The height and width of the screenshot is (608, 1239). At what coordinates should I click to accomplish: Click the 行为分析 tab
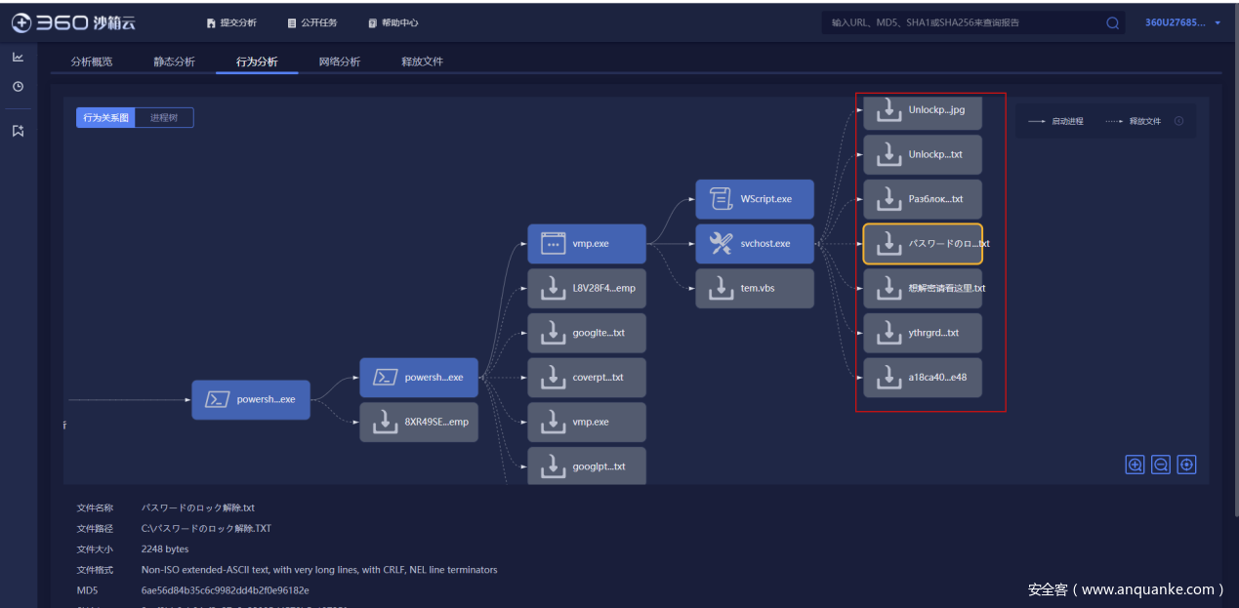tap(257, 61)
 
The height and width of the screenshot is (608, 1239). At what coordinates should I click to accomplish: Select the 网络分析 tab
tap(339, 61)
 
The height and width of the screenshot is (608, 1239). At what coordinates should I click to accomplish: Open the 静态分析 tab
tap(174, 61)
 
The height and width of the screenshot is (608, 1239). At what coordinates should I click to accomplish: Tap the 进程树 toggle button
tap(164, 118)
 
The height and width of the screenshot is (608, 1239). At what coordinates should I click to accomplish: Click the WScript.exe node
tap(754, 199)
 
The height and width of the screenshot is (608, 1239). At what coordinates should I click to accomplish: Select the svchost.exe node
tap(754, 244)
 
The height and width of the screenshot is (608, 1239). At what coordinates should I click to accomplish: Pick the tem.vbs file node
tap(754, 289)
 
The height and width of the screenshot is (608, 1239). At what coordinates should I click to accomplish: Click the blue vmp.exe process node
tap(586, 244)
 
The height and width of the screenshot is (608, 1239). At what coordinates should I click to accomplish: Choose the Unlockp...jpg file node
tap(922, 110)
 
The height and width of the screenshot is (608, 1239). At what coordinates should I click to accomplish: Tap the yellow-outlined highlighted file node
tap(922, 244)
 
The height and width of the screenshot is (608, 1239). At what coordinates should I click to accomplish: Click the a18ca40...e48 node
tap(922, 378)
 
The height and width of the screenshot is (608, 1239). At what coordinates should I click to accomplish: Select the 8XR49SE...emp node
tap(418, 423)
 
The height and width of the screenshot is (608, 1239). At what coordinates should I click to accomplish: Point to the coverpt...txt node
tap(586, 378)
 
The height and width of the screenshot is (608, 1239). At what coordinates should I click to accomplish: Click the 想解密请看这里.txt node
tap(922, 289)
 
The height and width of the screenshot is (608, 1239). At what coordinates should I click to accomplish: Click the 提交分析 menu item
tap(231, 22)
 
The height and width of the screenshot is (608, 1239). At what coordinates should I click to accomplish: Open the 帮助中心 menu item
tap(393, 22)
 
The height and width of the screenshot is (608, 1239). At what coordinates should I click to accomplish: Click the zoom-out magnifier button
tap(1161, 466)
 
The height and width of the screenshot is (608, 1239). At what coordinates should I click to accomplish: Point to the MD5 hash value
tap(225, 590)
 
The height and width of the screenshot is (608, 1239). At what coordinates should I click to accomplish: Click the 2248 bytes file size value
tap(164, 549)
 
